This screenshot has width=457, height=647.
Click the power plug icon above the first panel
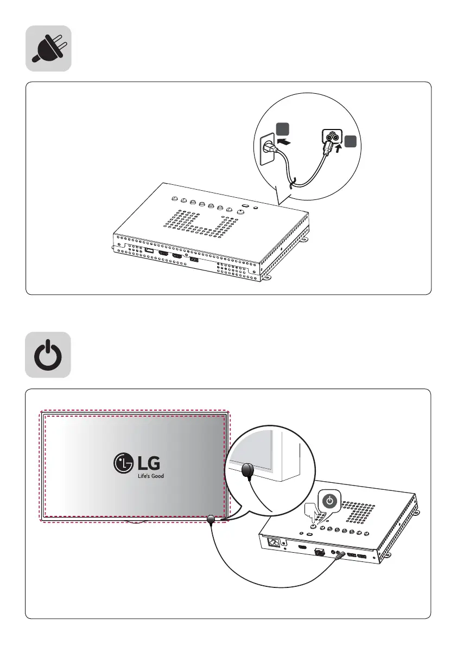(x=48, y=48)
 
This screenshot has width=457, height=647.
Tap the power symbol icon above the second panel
(x=48, y=355)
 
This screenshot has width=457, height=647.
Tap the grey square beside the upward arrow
(x=350, y=141)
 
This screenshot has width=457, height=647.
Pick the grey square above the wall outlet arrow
(x=282, y=129)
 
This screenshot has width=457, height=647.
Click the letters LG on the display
(x=149, y=463)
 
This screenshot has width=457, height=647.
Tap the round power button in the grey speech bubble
(x=329, y=501)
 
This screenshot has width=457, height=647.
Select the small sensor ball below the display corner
(x=211, y=520)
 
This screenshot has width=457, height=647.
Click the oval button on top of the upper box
(x=244, y=206)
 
